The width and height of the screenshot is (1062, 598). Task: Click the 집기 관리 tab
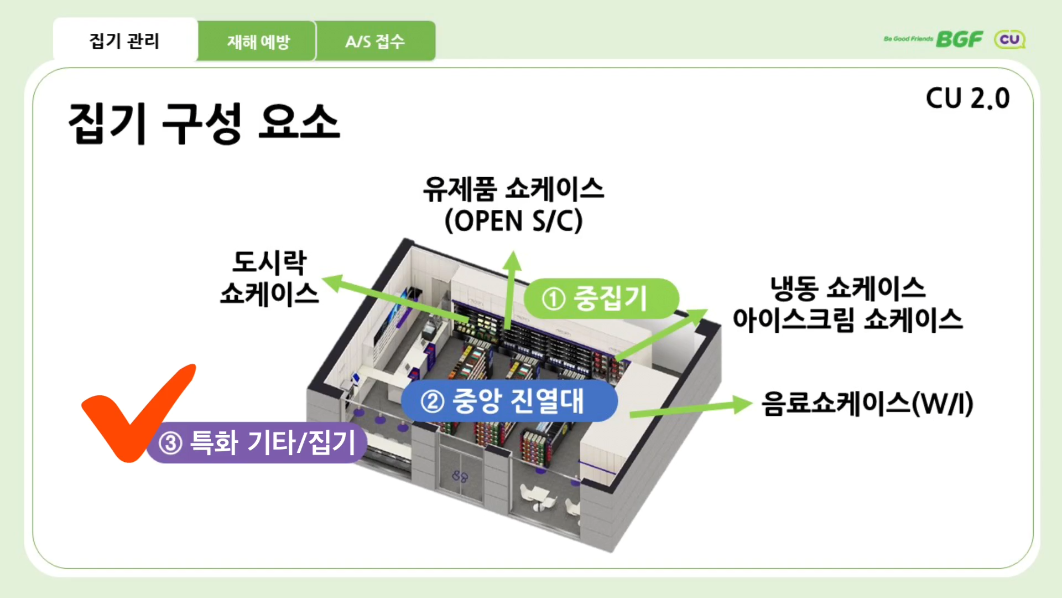coord(124,41)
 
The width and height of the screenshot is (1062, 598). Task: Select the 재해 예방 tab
coord(258,42)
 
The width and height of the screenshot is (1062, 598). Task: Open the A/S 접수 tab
coord(375,42)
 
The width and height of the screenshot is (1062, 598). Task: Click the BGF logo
coord(959,39)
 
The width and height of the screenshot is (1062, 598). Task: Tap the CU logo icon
coord(1009,39)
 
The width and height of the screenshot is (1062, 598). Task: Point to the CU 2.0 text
coord(967,99)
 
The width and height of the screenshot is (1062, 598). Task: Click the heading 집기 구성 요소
coord(204,123)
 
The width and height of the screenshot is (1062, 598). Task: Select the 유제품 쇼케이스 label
coord(513,189)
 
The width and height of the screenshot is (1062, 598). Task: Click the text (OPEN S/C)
coord(513,221)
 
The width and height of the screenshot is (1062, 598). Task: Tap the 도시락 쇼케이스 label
coord(269,278)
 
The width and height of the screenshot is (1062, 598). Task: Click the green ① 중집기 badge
coord(601,298)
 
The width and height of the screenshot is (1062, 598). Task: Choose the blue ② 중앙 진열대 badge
coord(509,401)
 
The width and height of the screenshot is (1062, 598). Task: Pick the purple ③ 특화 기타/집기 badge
coord(257,443)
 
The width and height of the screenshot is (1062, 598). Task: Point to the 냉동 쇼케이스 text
coord(847,288)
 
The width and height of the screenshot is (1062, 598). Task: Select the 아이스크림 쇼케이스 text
coord(847,320)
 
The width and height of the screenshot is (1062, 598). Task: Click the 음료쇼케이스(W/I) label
coord(867,404)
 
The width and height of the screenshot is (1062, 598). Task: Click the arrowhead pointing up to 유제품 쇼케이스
coord(513,261)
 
